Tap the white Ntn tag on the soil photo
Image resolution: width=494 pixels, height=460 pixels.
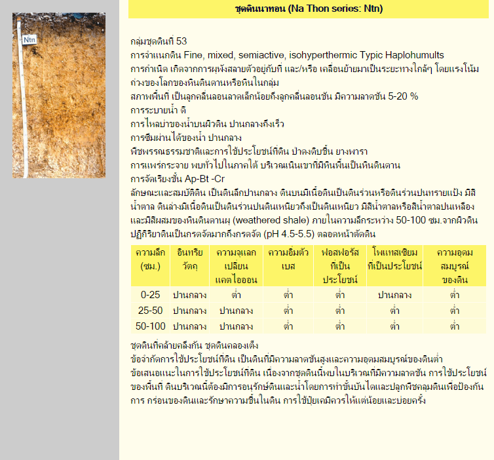29,40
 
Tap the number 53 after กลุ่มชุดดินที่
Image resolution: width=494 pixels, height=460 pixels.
181,41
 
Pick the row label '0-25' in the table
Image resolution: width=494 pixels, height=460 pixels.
150,295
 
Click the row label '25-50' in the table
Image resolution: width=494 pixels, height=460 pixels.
150,310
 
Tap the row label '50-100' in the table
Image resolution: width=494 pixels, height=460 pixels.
150,326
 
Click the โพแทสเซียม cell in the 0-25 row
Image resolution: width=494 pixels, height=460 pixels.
394,295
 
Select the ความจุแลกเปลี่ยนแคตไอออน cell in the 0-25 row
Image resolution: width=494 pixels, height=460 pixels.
236,295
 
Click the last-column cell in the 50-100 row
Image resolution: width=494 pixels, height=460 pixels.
454,326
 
